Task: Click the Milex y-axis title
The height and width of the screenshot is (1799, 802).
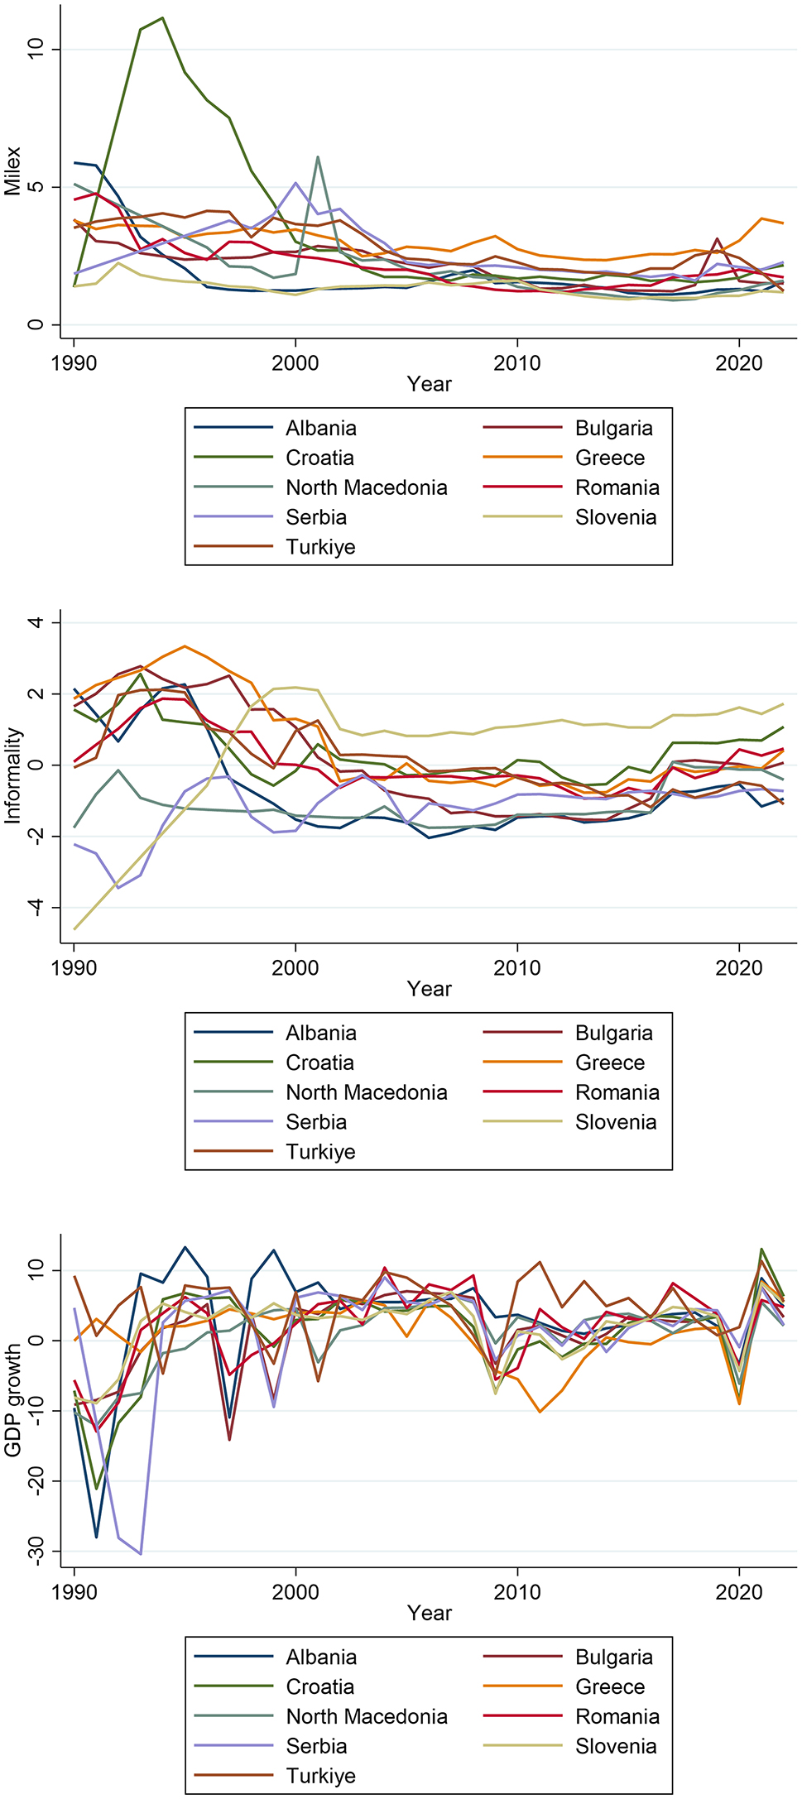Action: (12, 171)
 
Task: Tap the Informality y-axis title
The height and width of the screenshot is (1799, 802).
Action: (12, 775)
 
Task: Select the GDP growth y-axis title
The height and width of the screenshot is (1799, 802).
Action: (12, 1399)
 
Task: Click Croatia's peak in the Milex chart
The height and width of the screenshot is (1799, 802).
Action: (162, 17)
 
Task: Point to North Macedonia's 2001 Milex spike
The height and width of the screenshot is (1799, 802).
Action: (318, 157)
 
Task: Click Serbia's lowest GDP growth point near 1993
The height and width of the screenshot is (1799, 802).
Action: (141, 1553)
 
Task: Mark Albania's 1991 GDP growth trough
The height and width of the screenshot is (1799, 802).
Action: (97, 1537)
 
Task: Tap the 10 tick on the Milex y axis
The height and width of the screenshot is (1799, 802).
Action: (35, 50)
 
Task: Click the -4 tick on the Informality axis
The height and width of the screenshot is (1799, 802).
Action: (35, 908)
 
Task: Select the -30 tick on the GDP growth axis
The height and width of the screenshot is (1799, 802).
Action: (35, 1552)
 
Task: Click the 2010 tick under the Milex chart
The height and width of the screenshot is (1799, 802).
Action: (516, 363)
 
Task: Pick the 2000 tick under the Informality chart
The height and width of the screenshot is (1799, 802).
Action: (295, 968)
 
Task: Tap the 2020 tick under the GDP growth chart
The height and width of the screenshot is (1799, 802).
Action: (738, 1592)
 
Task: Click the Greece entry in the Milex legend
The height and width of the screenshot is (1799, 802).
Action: (609, 458)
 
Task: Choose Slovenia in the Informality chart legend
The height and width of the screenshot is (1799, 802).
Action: (615, 1122)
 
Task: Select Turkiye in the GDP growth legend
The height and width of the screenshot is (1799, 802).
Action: (320, 1776)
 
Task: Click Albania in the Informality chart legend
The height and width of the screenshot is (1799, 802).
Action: (320, 1033)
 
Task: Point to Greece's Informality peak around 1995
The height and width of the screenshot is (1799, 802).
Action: (185, 646)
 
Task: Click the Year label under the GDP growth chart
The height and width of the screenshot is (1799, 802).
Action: (429, 1613)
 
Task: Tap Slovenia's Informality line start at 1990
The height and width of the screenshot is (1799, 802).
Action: (75, 928)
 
